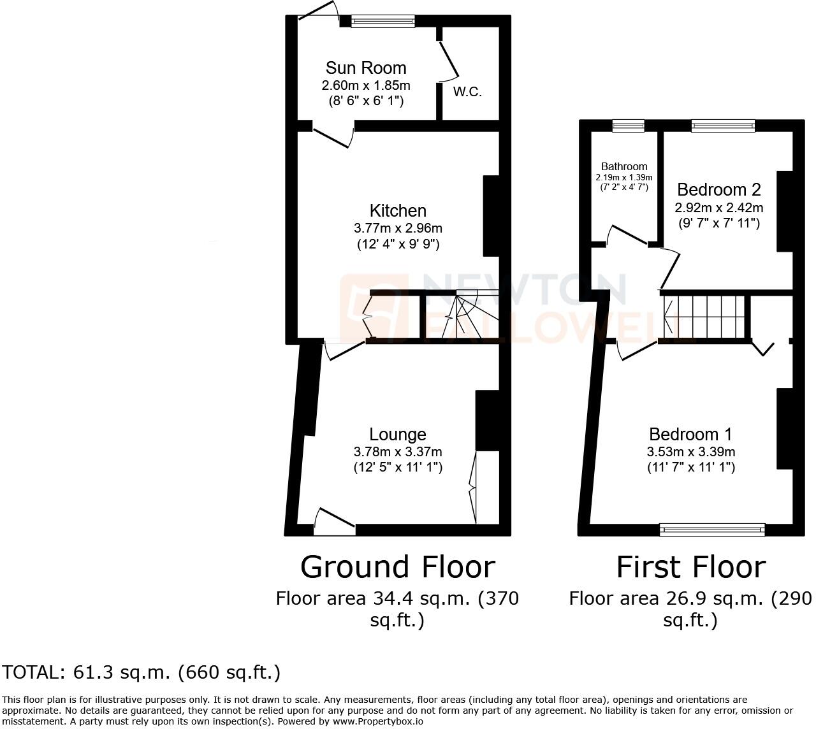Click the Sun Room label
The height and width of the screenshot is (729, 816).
365,68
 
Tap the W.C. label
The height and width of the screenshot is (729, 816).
467,92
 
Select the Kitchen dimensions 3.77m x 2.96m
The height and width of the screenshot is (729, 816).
398,228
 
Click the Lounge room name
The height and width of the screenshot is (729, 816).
398,435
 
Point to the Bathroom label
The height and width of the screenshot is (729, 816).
624,166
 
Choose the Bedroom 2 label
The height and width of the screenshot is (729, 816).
719,190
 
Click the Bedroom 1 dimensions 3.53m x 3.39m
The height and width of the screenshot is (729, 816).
691,452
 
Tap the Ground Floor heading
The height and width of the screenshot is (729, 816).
397,567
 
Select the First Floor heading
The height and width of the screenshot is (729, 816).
691,567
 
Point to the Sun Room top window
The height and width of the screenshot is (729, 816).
382,21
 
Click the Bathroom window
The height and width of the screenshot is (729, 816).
628,126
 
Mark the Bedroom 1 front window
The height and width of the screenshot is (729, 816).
712,529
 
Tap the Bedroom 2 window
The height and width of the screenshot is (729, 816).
723,126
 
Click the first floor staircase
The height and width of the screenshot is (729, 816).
704,317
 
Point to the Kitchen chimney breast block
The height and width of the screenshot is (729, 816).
491,215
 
